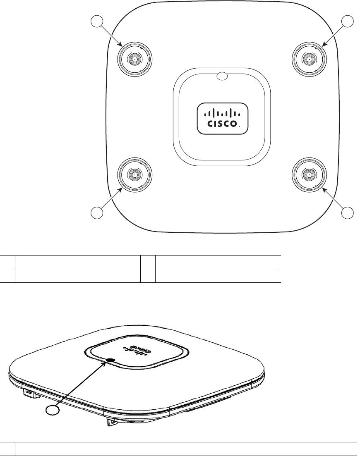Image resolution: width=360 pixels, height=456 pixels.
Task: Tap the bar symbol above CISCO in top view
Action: pyautogui.click(x=222, y=112)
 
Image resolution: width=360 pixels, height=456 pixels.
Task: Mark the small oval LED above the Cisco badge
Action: pyautogui.click(x=222, y=76)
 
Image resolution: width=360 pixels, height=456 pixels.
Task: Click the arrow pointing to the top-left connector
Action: pyautogui.click(x=111, y=34)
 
